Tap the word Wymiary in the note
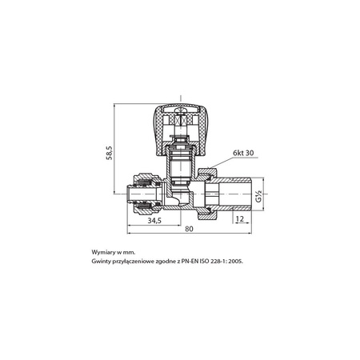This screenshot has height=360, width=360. click(x=105, y=251)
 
